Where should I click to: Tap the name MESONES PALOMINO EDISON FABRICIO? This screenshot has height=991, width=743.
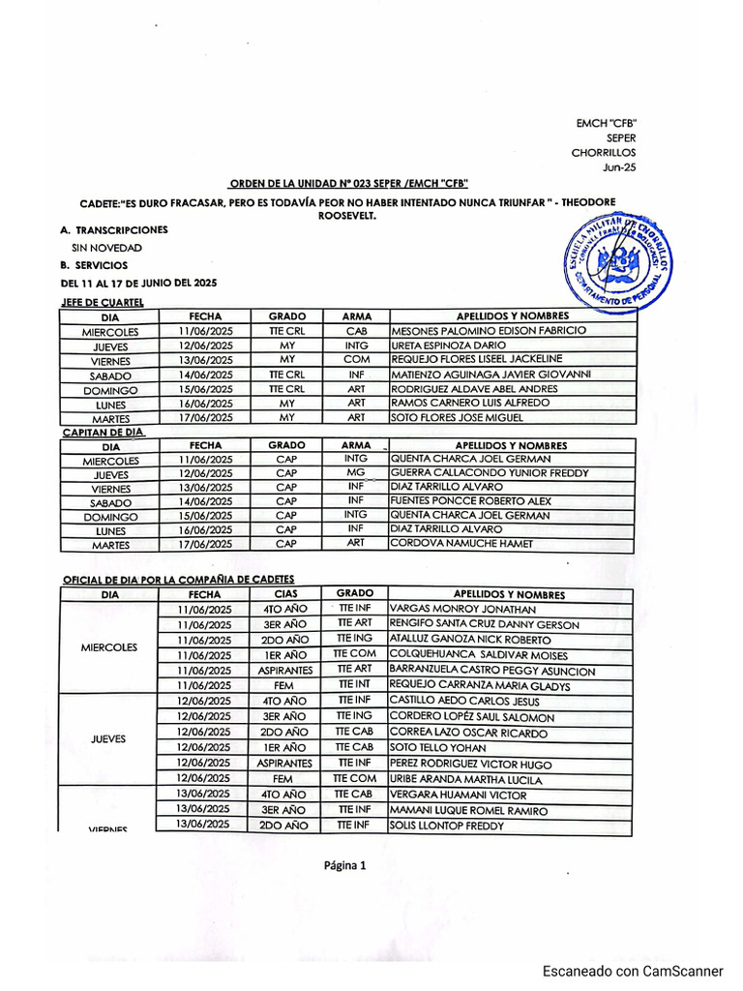click(489, 330)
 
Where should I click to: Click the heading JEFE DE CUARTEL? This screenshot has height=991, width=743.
click(102, 302)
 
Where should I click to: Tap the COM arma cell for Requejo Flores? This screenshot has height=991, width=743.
click(356, 359)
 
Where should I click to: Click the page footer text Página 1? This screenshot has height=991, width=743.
click(345, 866)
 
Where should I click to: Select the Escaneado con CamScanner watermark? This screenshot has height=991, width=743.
click(633, 971)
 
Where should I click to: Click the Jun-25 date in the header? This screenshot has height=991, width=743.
click(620, 167)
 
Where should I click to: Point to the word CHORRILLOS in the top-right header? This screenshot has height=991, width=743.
click(604, 152)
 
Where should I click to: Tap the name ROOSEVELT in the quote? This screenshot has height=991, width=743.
click(346, 217)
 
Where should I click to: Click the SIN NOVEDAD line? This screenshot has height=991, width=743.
click(100, 248)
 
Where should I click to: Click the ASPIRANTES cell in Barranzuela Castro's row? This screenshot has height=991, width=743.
click(286, 671)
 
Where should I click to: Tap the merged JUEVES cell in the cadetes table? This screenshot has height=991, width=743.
click(108, 738)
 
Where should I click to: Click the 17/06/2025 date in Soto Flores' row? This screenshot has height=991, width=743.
click(205, 417)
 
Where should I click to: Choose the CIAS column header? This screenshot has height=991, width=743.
click(286, 594)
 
